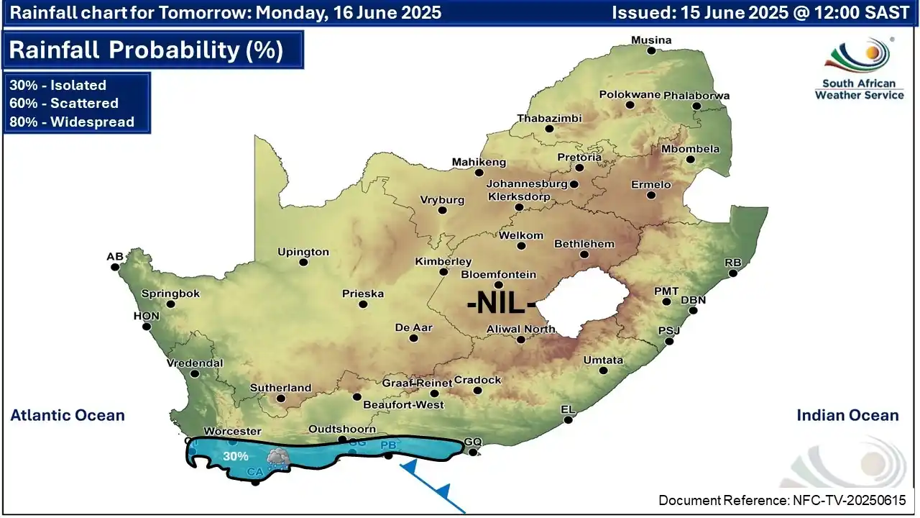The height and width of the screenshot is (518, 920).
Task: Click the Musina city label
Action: (x=650, y=40)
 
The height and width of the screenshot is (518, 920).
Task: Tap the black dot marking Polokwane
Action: (x=630, y=105)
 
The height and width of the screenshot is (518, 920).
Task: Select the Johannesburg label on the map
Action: (x=527, y=183)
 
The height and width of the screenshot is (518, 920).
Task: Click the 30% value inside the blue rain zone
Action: (x=235, y=456)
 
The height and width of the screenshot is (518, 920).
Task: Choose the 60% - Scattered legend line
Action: (x=64, y=103)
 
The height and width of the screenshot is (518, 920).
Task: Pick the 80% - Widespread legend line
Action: (x=72, y=122)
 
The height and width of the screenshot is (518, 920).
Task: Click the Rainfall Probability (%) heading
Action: (x=146, y=50)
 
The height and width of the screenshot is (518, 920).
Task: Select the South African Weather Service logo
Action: (x=859, y=68)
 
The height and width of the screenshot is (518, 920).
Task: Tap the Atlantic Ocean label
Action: (x=68, y=415)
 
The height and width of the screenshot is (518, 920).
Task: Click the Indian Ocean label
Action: (x=847, y=415)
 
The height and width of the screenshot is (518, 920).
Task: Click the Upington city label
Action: (x=303, y=252)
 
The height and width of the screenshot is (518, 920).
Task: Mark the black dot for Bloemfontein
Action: (x=498, y=285)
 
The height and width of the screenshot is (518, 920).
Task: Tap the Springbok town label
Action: (x=170, y=294)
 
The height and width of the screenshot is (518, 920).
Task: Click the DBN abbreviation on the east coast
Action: (x=693, y=300)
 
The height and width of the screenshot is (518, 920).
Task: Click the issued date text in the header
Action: (x=760, y=12)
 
